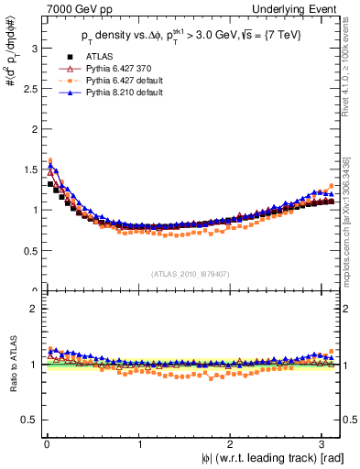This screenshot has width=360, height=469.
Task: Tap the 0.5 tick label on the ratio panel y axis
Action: click(27, 420)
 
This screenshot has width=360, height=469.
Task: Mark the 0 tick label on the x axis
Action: click(47, 443)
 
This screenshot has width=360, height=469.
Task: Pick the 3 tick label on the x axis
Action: click(325, 443)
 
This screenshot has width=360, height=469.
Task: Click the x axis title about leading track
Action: click(274, 458)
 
